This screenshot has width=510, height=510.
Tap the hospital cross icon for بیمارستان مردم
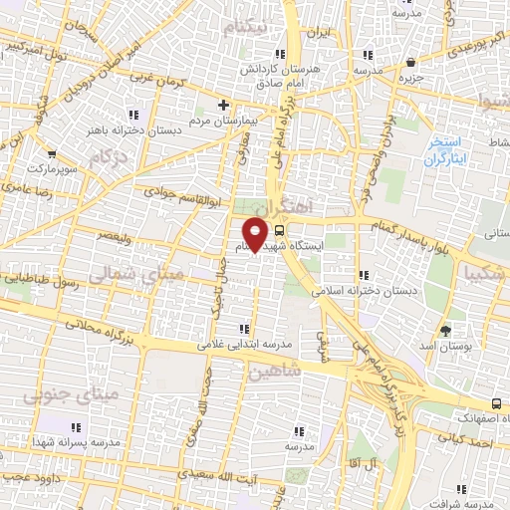click(x=224, y=105)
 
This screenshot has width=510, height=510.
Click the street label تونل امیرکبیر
click(x=39, y=48)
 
